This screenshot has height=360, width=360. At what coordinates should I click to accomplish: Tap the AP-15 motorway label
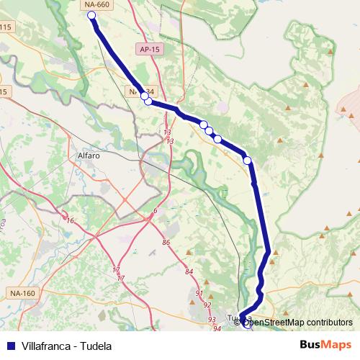[x=148, y=49]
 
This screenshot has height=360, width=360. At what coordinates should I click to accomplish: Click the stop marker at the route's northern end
[x=91, y=14]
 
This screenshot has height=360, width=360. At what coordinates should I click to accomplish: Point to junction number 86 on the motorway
[x=166, y=243]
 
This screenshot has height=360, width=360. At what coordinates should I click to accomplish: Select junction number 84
[x=189, y=271]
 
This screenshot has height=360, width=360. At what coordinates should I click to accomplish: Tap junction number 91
[x=199, y=294]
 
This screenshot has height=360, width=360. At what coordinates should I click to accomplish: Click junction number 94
[x=217, y=328]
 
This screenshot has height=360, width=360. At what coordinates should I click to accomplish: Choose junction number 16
[x=70, y=221]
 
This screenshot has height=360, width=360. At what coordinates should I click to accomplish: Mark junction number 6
[x=155, y=210]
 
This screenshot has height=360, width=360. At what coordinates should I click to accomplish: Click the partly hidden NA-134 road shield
[x=134, y=92]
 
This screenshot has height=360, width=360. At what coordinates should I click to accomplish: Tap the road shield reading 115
[x=6, y=27]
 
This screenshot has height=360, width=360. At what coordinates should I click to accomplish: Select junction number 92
[x=207, y=305]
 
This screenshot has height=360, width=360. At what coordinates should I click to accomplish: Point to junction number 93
[x=212, y=318]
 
